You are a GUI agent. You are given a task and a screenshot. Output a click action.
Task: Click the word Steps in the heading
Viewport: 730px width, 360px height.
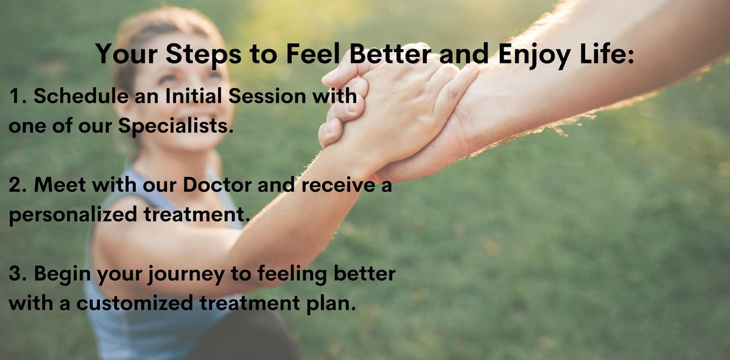[203, 54]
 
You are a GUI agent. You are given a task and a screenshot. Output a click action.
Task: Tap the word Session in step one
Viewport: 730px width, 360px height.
[267, 96]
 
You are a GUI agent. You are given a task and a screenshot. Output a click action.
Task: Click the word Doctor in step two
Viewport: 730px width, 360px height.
[217, 185]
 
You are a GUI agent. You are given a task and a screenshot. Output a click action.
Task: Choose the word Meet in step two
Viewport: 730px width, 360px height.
[60, 185]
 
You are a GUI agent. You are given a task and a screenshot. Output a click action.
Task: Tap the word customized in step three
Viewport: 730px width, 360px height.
[135, 303]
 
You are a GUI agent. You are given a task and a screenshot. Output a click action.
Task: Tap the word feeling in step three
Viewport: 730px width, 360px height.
[292, 274]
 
